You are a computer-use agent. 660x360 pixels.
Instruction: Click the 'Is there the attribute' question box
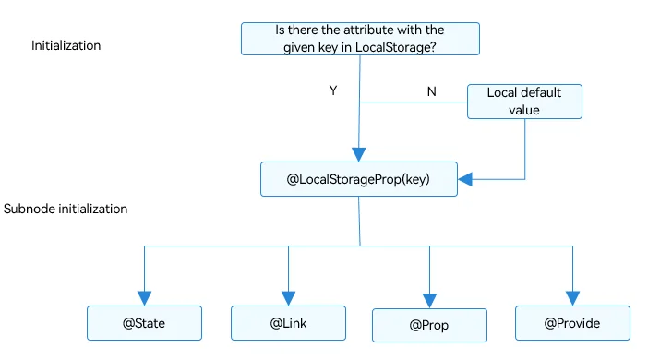click(x=360, y=39)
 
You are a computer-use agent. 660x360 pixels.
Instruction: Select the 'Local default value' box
click(x=524, y=102)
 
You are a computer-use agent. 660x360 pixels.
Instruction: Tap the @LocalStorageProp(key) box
click(x=359, y=179)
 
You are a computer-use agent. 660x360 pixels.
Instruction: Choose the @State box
click(x=144, y=323)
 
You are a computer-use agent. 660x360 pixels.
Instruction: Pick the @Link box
click(x=288, y=323)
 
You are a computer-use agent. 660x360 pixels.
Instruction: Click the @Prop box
click(x=429, y=325)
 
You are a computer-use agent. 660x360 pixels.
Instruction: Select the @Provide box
click(x=572, y=323)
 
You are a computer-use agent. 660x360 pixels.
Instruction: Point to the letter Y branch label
click(x=333, y=90)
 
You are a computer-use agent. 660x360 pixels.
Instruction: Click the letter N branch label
click(x=431, y=91)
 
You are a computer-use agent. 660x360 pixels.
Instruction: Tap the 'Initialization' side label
click(x=66, y=45)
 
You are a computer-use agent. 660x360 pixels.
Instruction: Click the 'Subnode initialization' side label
click(x=66, y=209)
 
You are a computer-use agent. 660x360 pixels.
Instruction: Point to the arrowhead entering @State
click(x=144, y=298)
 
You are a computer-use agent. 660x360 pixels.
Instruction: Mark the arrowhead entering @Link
click(x=288, y=298)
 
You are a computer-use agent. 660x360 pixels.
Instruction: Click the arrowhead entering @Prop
click(x=429, y=301)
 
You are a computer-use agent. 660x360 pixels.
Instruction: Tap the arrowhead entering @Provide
click(x=572, y=298)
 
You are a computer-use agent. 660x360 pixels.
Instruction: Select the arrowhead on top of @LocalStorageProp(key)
click(x=359, y=154)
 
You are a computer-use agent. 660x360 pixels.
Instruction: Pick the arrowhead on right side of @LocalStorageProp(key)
click(x=464, y=179)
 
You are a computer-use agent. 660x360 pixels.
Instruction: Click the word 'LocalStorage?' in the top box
click(x=396, y=47)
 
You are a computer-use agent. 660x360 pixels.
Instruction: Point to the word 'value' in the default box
click(x=524, y=111)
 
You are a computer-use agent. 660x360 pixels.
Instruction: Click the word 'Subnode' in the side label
click(x=30, y=209)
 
